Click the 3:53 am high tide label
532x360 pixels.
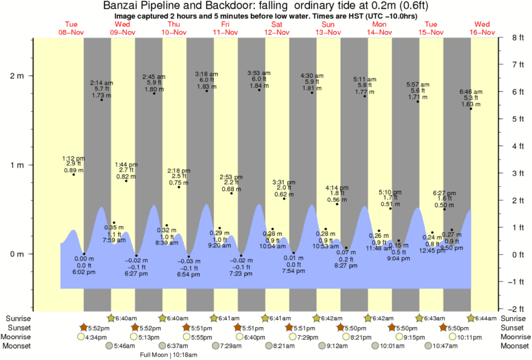[258, 72]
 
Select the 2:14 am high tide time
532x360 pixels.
[101, 82]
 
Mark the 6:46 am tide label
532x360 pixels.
[470, 91]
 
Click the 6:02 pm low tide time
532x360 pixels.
[85, 272]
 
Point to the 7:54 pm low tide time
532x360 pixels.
[294, 271]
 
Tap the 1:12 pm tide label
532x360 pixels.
[73, 158]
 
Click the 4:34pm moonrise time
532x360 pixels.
[96, 337]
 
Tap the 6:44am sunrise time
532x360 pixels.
[486, 318]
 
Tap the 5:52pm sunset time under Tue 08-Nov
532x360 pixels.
[98, 328]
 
